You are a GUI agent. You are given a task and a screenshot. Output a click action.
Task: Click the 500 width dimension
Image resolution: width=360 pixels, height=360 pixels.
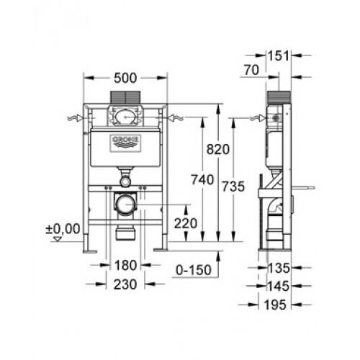[125, 78]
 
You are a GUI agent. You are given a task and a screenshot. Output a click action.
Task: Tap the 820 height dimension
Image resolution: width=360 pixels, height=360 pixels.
[218, 149]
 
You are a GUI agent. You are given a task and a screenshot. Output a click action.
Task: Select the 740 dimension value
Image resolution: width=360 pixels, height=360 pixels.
[202, 179]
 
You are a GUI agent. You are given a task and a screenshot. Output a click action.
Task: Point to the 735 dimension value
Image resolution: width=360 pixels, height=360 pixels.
[233, 186]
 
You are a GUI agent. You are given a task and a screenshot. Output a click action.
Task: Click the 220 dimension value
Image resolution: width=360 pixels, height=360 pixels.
[186, 223]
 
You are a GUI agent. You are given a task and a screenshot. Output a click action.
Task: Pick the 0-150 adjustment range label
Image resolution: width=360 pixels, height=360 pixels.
[194, 270]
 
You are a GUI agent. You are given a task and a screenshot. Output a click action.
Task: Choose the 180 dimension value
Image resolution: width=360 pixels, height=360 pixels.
[125, 266]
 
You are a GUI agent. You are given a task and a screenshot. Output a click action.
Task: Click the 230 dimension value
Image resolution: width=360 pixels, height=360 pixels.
[125, 284]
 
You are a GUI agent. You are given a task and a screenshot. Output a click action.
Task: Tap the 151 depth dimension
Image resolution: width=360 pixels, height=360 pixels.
[279, 56]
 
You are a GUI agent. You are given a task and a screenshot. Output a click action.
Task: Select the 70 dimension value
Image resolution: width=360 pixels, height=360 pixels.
[252, 70]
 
